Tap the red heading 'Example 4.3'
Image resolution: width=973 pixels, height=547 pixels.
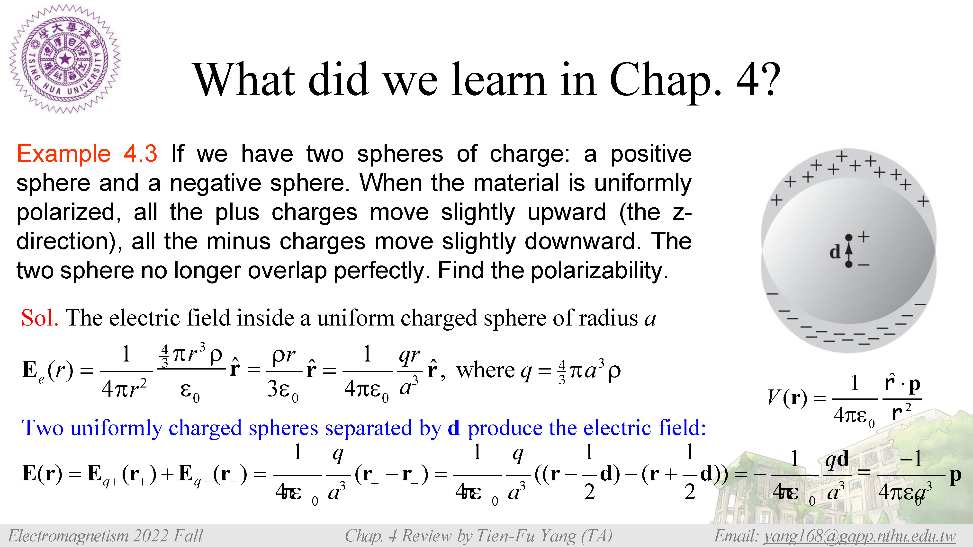coord(87,154)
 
